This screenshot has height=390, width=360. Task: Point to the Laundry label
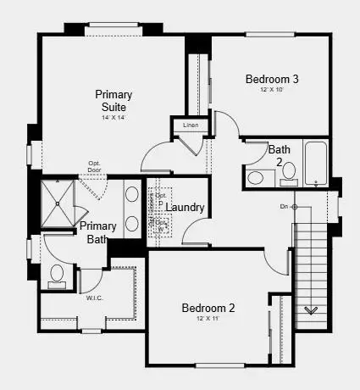(x=208, y=208)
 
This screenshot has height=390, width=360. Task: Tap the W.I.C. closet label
(x=95, y=298)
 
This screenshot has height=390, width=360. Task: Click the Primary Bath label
(x=98, y=233)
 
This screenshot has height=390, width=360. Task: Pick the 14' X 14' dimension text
(x=112, y=117)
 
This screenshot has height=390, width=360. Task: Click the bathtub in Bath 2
(x=315, y=165)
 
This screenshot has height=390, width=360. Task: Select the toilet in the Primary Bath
(x=58, y=274)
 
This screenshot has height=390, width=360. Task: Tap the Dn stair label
(x=285, y=207)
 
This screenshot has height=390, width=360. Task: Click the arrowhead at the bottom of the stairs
(x=311, y=310)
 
